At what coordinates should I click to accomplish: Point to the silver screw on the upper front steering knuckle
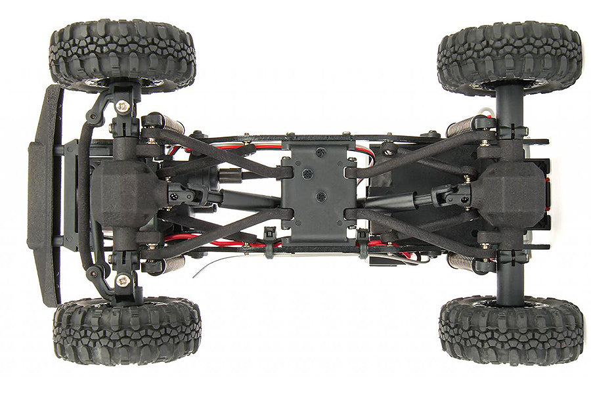tap(122, 104)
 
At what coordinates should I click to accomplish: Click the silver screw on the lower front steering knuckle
tap(122, 280)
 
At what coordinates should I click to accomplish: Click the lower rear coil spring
tap(461, 261)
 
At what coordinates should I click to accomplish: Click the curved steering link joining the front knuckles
tap(83, 197)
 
